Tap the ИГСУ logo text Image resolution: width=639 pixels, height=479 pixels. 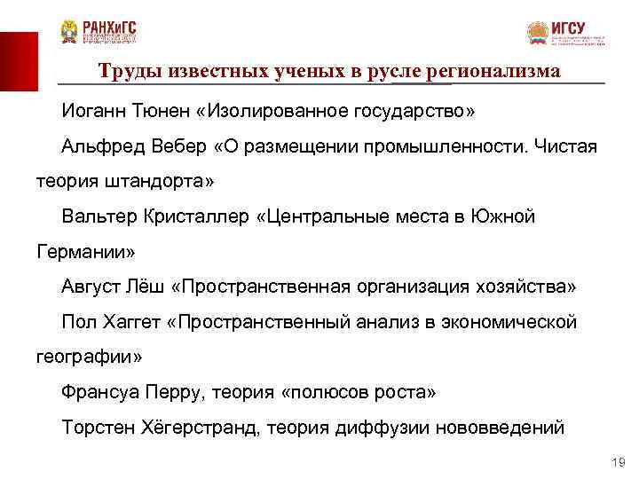point(568,27)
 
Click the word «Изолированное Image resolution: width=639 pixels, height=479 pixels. point(266,113)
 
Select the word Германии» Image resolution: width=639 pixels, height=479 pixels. point(85,252)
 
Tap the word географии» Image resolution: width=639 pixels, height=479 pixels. point(89,357)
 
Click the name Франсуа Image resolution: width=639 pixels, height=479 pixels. point(99,391)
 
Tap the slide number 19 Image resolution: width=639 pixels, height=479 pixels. point(619,462)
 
